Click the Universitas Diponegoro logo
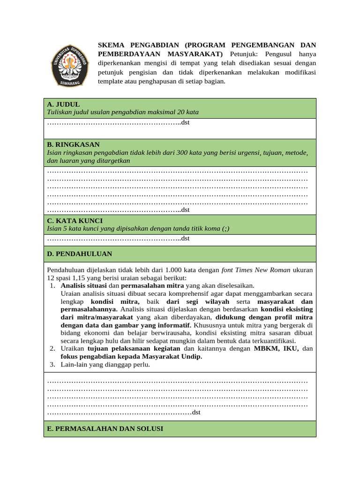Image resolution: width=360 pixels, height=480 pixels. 70,65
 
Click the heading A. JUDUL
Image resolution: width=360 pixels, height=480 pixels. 63,104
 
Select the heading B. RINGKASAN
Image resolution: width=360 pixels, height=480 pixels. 73,144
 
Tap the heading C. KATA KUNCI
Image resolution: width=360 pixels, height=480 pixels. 75,220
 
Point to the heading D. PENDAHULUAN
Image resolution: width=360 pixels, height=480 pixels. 79,254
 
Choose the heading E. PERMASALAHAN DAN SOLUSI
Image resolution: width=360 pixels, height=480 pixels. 105,428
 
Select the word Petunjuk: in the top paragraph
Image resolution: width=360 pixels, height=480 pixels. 245,54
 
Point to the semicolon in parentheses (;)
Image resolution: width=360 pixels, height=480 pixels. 226,228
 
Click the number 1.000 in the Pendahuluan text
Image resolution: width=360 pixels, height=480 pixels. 172,270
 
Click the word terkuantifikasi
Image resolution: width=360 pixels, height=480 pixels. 274,341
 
